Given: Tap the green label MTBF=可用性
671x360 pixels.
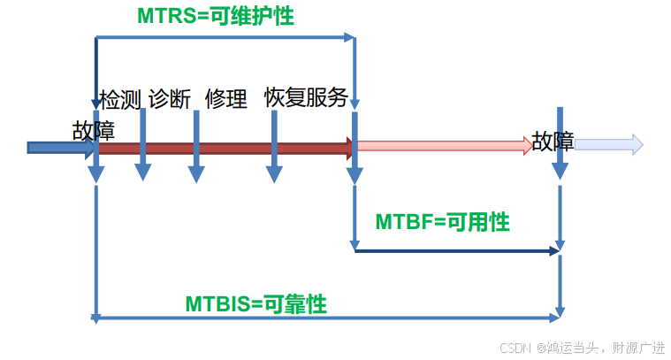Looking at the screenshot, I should [442, 222].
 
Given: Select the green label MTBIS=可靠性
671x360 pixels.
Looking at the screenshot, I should [256, 304].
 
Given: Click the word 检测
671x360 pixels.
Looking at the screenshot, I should [119, 98].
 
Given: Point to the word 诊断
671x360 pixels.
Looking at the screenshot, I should [170, 98].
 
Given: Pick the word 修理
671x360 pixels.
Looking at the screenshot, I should [225, 98].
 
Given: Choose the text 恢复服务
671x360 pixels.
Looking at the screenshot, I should [306, 97].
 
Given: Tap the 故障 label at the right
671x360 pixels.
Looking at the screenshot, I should [553, 142].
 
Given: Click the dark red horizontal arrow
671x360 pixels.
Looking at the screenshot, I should [225, 148].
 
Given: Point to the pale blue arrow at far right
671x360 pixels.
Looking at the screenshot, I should [608, 144].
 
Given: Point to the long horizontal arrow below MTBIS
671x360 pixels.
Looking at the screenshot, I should [327, 316].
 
